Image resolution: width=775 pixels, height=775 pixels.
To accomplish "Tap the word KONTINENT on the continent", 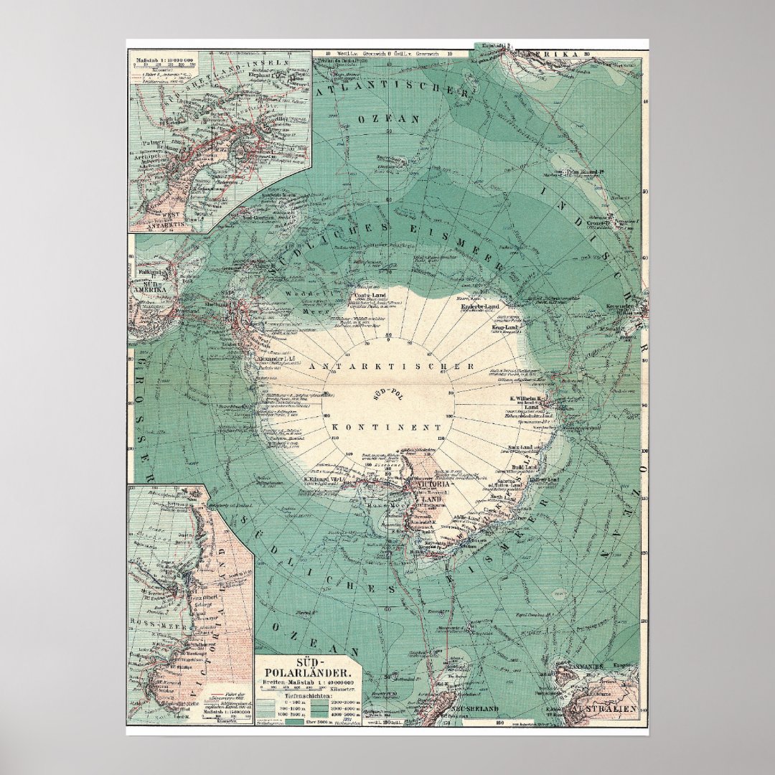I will pos(386,426).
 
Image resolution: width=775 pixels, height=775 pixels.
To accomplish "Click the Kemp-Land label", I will pos(505,327).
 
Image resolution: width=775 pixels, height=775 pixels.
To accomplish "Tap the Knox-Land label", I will pos(524,448).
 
